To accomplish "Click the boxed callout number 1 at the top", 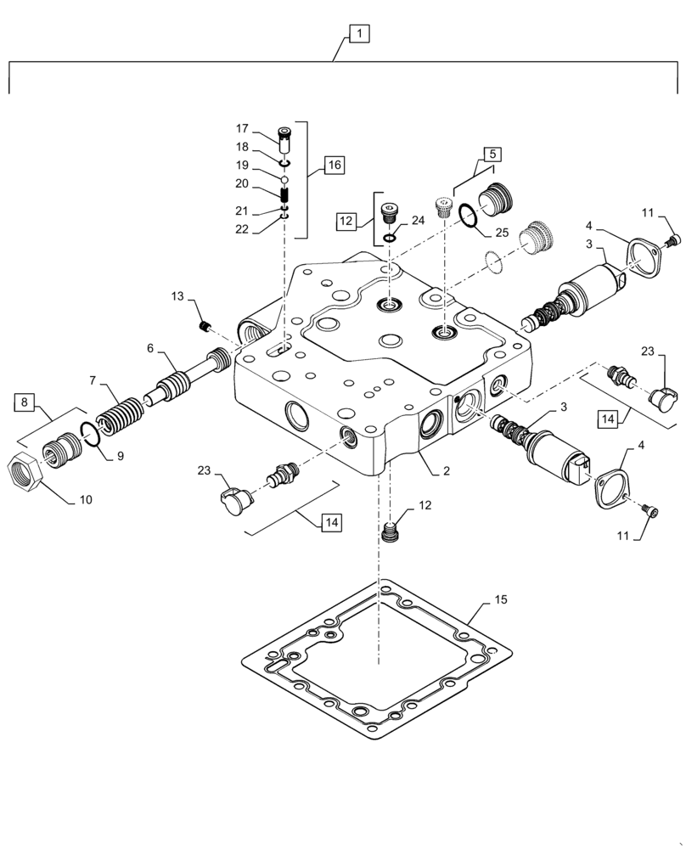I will [359, 34].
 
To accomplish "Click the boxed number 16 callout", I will [332, 165].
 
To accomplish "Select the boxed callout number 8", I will [25, 399].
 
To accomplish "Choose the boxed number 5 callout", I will [492, 154].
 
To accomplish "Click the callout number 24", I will [419, 221].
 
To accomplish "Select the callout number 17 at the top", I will [242, 129].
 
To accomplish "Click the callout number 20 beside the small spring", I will [242, 183].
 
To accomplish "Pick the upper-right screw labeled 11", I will [672, 243].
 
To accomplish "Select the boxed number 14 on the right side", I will [608, 418].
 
